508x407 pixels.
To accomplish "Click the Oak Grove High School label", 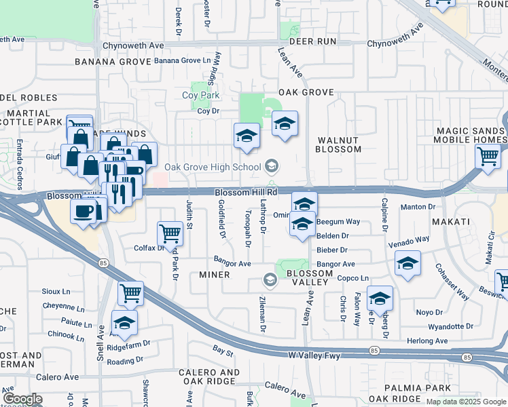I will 212,167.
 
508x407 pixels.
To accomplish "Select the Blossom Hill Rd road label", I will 247,193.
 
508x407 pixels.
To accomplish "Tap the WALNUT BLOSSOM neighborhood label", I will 338,144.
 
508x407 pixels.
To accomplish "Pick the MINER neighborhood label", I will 214,275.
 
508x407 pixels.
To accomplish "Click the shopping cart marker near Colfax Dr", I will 170,235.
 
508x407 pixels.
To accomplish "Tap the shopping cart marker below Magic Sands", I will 488,157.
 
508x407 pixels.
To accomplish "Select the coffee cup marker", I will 84,211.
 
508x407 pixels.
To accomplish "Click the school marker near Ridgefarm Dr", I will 124,323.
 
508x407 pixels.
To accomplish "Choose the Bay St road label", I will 223,353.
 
